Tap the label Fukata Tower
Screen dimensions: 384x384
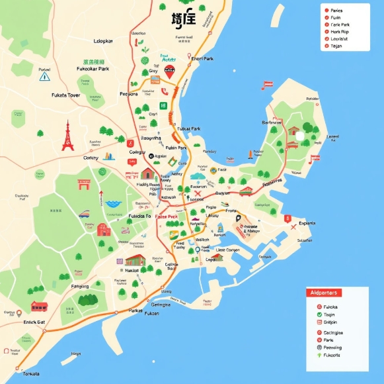click(65, 95)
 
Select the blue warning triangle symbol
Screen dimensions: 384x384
click(45, 77)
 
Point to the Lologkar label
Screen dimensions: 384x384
click(104, 41)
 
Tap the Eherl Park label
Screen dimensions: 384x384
click(202, 58)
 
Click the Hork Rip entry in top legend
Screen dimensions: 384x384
click(340, 30)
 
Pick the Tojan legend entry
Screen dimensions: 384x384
click(336, 46)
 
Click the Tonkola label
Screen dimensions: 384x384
click(31, 373)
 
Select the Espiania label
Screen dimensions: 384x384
click(307, 223)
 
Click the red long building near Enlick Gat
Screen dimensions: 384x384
click(39, 307)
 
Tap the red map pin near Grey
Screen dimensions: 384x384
click(169, 72)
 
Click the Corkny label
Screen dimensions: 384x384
click(90, 158)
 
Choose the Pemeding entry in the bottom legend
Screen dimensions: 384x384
click(332, 347)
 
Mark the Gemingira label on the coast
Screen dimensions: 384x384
click(161, 305)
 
